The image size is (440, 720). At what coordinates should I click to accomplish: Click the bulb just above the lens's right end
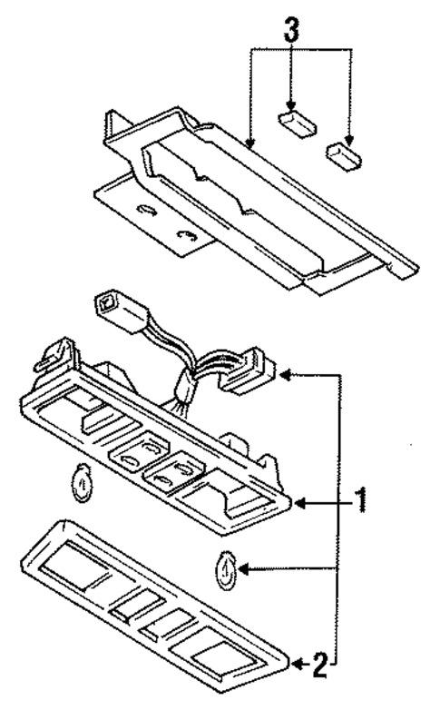coord(227,571)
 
